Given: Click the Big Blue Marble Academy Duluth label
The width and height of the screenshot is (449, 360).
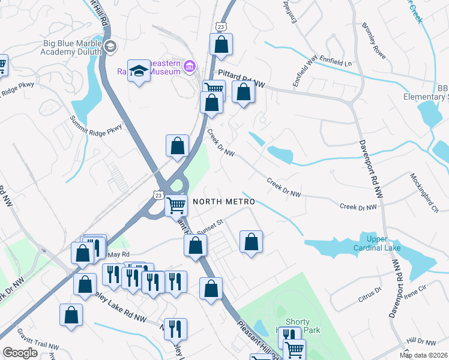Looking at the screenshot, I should pyautogui.click(x=72, y=47).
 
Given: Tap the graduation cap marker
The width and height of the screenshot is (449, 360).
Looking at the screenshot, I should pyautogui.click(x=139, y=72).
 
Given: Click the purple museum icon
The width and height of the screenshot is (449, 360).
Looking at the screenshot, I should pyautogui.click(x=190, y=65).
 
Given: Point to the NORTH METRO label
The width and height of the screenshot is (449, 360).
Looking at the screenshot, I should pyautogui.click(x=223, y=202).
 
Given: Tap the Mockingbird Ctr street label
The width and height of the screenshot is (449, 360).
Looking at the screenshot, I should pyautogui.click(x=425, y=192).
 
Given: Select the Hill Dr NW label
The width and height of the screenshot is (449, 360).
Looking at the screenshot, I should pyautogui.click(x=418, y=341).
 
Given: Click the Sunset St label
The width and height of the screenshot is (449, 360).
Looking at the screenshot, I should pyautogui.click(x=210, y=223).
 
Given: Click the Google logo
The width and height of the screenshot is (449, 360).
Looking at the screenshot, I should pyautogui.click(x=20, y=353).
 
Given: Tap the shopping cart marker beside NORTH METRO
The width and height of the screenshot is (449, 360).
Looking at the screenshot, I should pyautogui.click(x=176, y=205).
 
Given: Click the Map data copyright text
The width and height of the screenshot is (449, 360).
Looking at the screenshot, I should pyautogui.click(x=424, y=355).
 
